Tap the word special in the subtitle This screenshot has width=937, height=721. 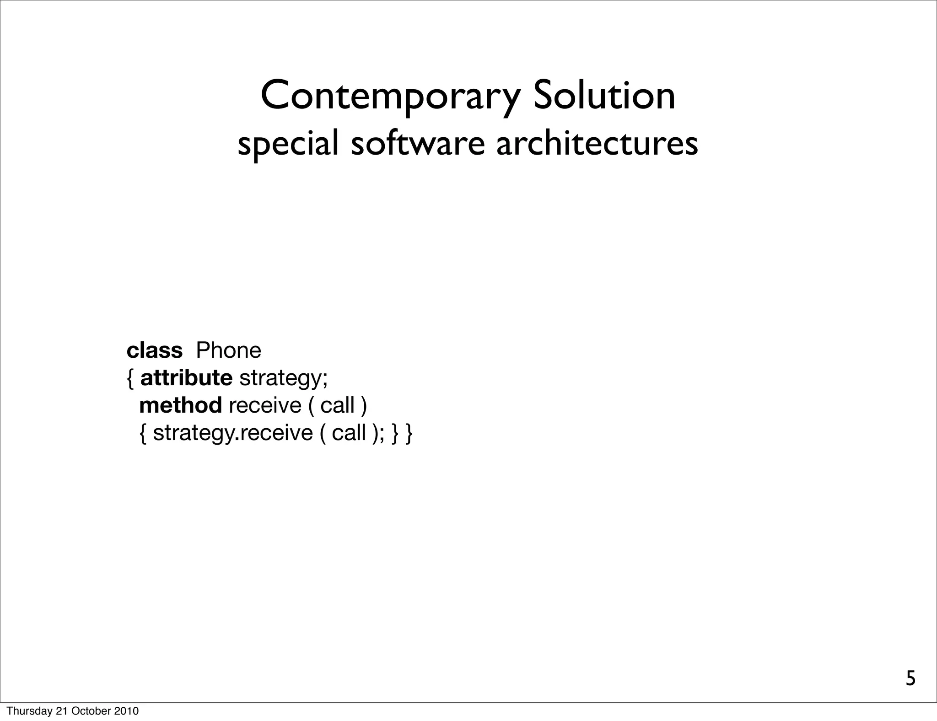coord(288,143)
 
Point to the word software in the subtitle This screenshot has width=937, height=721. coord(418,142)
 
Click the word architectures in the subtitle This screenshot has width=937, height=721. coord(597,142)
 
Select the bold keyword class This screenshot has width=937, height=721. coord(154,351)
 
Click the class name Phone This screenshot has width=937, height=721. coord(228,351)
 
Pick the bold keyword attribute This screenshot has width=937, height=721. coord(186,378)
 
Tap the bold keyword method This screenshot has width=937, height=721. coord(180,405)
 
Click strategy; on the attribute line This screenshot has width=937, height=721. coord(284,378)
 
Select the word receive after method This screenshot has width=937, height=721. coord(265,405)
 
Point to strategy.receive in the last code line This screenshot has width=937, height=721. coord(232,433)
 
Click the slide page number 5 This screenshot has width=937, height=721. coord(910,678)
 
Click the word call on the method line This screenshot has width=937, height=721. coord(337,405)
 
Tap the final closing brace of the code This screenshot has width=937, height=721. coord(409,433)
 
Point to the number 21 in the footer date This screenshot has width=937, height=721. coord(61,711)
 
